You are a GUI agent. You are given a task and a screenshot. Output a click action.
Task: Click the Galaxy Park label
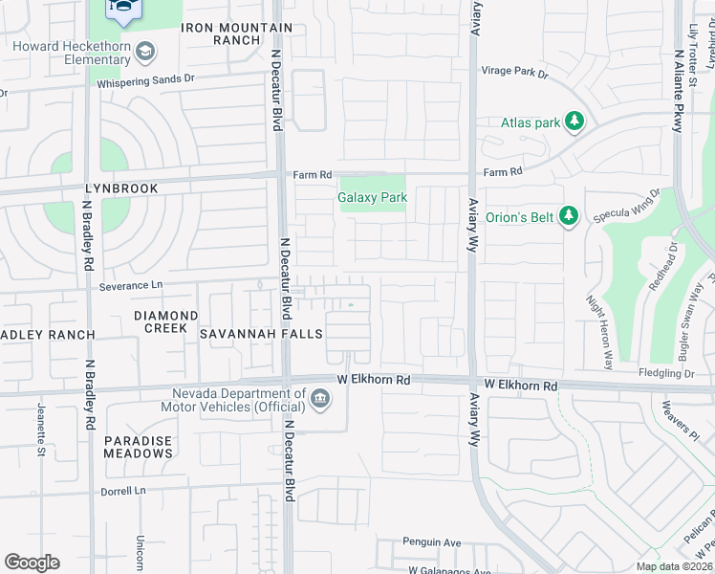pos(373,198)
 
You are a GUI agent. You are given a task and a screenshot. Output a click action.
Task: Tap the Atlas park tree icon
pos(574,121)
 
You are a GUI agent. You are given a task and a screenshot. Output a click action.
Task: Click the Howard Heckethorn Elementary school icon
pos(144,50)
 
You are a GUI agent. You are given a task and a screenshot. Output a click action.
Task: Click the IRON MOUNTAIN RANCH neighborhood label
pos(223,33)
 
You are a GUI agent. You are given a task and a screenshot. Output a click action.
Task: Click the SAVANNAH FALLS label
pos(261,334)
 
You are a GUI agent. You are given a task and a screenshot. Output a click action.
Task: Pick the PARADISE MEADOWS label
pos(139,448)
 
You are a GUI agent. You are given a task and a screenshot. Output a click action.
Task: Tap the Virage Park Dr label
pos(514,73)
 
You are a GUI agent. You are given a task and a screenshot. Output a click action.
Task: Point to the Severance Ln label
pos(131,285)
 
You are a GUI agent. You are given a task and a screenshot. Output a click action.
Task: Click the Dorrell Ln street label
pos(126,491)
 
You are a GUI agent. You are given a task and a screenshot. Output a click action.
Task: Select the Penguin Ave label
pos(432,542)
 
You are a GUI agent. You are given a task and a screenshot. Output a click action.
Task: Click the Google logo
pos(32,563)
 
